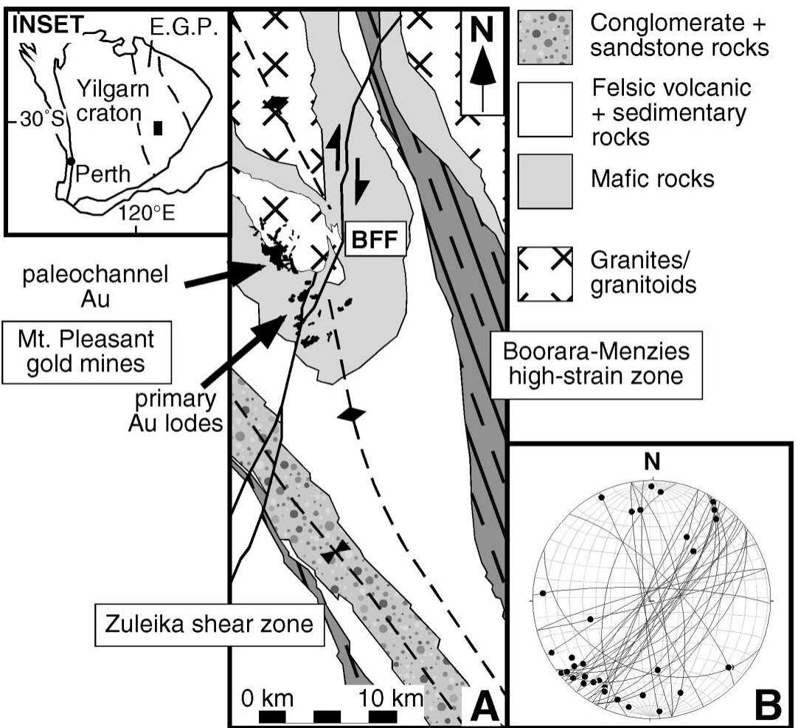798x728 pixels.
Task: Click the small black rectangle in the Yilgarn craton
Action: (157, 128)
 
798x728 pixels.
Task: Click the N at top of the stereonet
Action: (651, 463)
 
